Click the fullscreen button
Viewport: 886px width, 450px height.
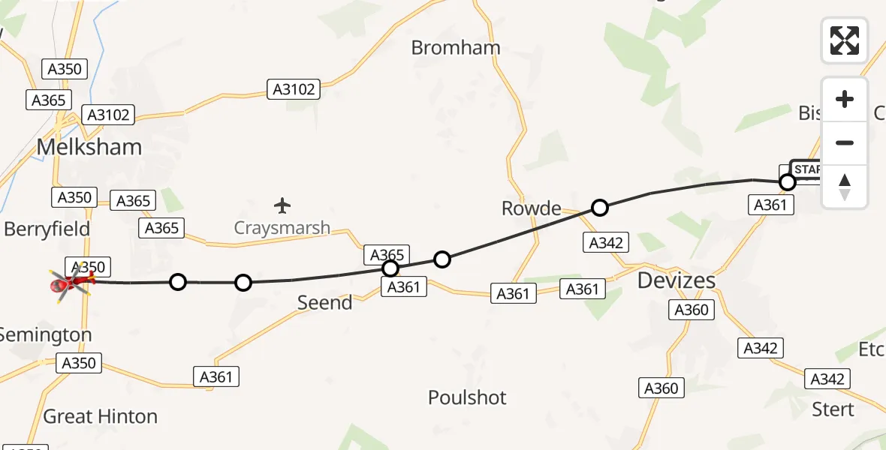click(x=845, y=40)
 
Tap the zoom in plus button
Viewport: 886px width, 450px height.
click(x=845, y=100)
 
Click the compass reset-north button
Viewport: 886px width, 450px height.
click(x=845, y=187)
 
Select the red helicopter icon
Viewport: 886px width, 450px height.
click(x=70, y=284)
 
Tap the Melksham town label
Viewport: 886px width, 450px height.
click(x=89, y=147)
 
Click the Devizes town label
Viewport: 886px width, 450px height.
click(x=676, y=280)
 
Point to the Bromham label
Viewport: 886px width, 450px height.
click(x=456, y=47)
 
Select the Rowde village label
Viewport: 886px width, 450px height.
click(x=532, y=208)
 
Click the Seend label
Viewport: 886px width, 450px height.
click(x=324, y=303)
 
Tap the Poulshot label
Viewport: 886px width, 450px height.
click(x=467, y=397)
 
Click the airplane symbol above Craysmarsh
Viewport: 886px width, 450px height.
click(x=282, y=205)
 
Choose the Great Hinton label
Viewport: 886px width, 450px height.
click(x=101, y=416)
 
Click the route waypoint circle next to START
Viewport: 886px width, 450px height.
click(x=788, y=182)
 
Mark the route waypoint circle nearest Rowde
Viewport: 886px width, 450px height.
click(x=599, y=208)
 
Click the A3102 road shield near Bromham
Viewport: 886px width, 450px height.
click(x=294, y=90)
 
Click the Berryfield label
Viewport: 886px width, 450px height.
click(x=47, y=229)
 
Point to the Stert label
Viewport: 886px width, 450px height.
click(x=833, y=409)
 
